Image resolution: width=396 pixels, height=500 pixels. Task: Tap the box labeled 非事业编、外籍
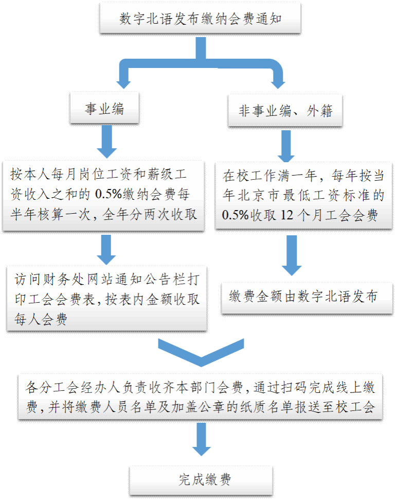285,111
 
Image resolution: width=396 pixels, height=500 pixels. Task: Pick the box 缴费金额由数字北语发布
303,297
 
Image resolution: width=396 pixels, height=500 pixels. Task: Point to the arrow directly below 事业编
106,142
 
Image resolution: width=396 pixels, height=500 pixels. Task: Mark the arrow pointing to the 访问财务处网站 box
106,249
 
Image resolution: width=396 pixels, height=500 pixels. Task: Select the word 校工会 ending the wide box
360,407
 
